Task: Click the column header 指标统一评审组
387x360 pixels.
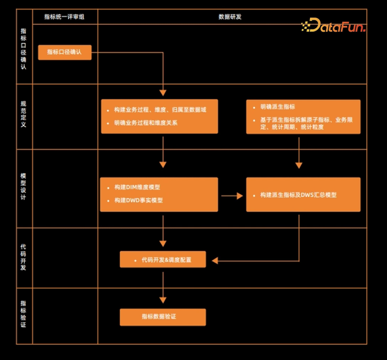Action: coord(65,17)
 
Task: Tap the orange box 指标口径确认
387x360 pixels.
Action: coord(65,52)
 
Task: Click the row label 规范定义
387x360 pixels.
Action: coord(23,115)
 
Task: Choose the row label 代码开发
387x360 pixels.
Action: coord(23,258)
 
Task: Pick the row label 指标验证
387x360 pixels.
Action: coord(23,316)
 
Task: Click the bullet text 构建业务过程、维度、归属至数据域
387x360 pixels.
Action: coord(160,109)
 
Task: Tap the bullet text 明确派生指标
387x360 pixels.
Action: coord(277,107)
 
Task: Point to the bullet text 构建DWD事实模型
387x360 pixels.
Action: coord(138,201)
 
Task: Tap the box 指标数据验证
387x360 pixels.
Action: coord(162,317)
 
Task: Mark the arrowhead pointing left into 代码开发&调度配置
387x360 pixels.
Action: coord(215,260)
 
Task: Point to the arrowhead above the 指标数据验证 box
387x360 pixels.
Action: coord(163,299)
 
